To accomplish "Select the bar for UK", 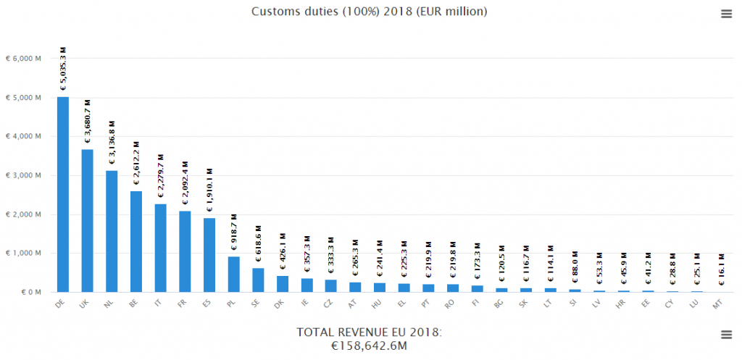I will click(x=87, y=221).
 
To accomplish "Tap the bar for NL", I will click(x=112, y=231).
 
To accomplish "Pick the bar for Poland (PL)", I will click(x=233, y=274).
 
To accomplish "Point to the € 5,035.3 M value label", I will click(x=63, y=68).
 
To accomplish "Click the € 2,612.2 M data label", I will click(x=136, y=164).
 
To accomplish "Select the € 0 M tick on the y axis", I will click(x=28, y=293).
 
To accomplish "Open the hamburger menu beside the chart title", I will click(x=726, y=14).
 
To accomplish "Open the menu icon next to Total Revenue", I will click(x=726, y=333).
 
